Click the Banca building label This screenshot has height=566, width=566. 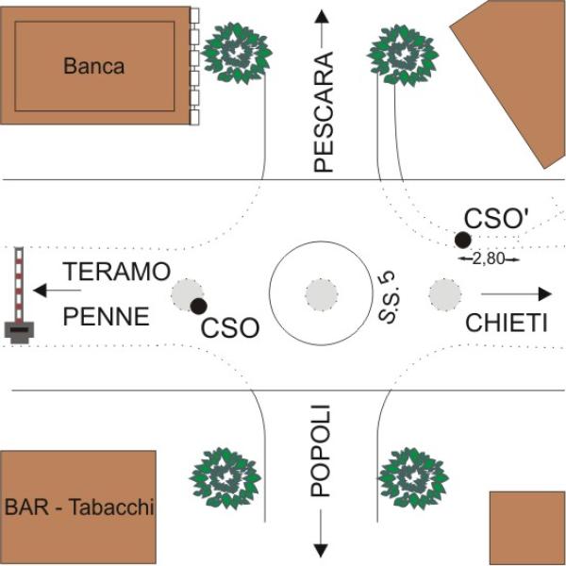pos(93,66)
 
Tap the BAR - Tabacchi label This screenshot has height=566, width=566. pos(78,508)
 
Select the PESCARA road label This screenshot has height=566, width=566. pos(324,111)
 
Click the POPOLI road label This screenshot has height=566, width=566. pos(322,450)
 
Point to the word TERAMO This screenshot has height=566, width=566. pos(116,272)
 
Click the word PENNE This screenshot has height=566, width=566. pos(106,317)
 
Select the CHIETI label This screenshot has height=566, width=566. pos(507,324)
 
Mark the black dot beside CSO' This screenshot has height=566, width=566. pos(462,240)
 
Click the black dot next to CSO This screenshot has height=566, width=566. pos(198,306)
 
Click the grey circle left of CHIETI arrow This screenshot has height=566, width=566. pos(444,294)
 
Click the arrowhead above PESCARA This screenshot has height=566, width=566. pos(322,16)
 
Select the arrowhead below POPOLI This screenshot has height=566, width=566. pos(322,549)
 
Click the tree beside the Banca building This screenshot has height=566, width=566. pos(236,54)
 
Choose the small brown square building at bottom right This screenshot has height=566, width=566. pos(527,527)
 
